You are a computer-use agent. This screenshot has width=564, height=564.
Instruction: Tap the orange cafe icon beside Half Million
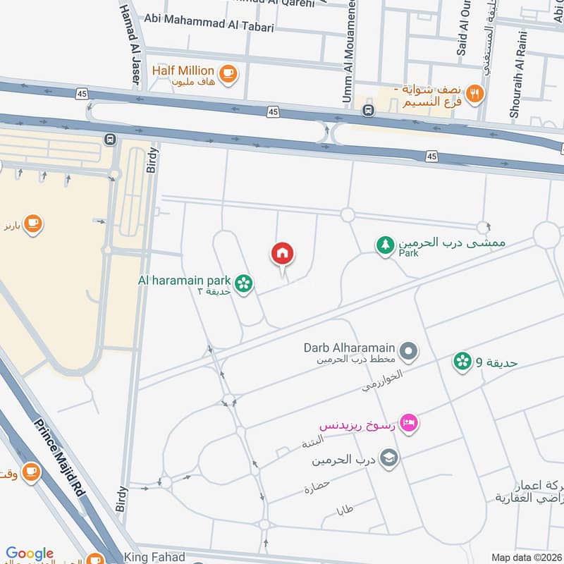point(228,73)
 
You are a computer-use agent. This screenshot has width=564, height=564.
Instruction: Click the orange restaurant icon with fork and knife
point(475,94)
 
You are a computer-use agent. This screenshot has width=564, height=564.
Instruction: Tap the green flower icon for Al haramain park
point(244,283)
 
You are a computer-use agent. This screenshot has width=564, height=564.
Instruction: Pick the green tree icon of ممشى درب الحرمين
point(385,245)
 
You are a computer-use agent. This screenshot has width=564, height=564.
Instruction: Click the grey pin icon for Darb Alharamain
point(408,350)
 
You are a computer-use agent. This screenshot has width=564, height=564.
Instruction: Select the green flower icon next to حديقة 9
point(462,362)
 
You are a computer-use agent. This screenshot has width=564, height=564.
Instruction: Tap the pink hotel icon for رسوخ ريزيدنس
point(408,423)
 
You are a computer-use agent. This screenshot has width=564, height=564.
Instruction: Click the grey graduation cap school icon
point(389,460)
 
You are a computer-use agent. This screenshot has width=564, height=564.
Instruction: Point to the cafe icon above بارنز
point(32,225)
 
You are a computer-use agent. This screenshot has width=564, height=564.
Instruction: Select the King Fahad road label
point(154,557)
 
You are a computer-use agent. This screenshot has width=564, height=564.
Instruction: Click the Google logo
point(30,553)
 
